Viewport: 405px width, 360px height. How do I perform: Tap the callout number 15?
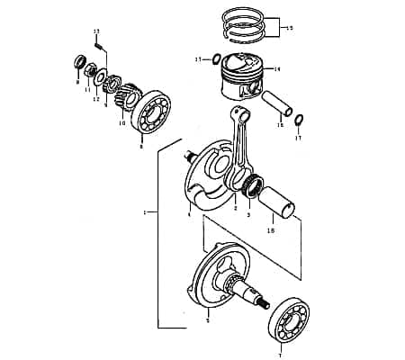pyautogui.click(x=288, y=29)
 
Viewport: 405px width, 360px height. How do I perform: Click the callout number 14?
pyautogui.click(x=277, y=68)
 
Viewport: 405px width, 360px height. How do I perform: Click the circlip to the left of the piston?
pyautogui.click(x=216, y=59)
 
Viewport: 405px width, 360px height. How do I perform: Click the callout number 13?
pyautogui.click(x=96, y=31)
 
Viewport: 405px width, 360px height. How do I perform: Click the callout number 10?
pyautogui.click(x=122, y=123)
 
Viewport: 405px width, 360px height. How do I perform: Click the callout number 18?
pyautogui.click(x=272, y=231)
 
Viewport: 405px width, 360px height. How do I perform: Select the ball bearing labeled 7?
pyautogui.click(x=290, y=319)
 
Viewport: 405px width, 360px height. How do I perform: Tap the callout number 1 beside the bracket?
pyautogui.click(x=145, y=212)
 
